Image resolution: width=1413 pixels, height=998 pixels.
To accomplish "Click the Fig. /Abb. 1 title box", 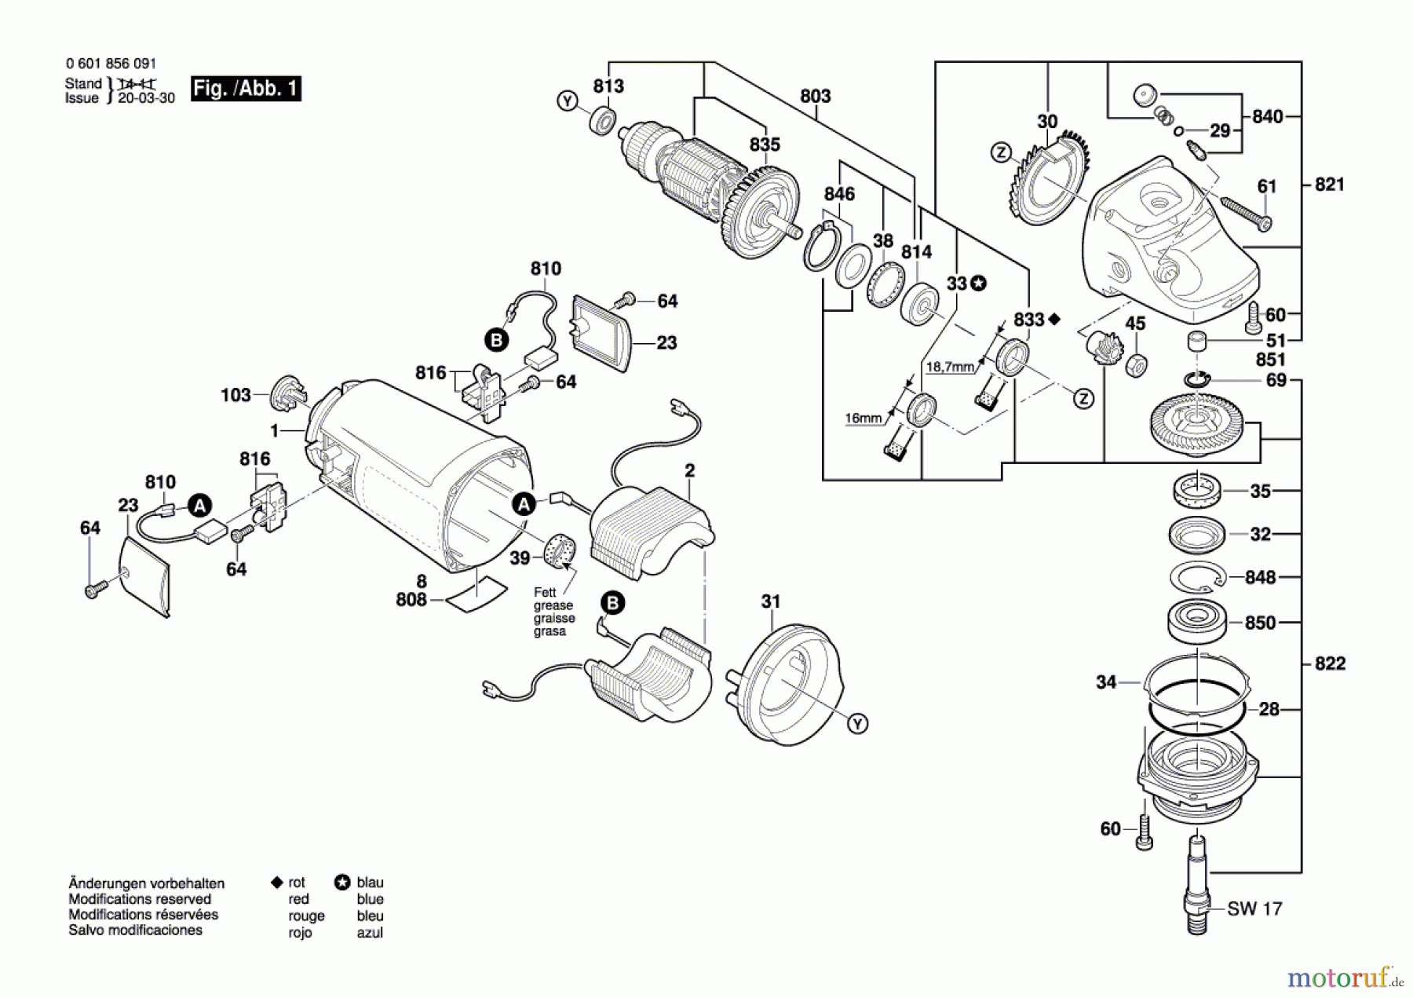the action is (246, 88).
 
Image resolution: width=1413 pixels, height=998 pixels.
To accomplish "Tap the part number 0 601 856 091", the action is (111, 64).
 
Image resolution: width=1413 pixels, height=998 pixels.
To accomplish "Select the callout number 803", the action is (816, 96).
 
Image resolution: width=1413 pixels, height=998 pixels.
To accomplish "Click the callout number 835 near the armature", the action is (765, 144).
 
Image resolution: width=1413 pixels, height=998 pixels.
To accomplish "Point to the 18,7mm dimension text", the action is (950, 367).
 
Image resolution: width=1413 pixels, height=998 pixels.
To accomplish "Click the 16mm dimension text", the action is (863, 419).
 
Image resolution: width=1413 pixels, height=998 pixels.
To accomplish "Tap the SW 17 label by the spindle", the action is (1254, 908).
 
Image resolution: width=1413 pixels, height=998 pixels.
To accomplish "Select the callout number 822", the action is (1330, 664).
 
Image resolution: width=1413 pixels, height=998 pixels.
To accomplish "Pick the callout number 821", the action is (1329, 185).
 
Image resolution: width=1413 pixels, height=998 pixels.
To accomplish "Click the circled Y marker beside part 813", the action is (567, 101).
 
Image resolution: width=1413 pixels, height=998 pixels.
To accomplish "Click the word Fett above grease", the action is (544, 592).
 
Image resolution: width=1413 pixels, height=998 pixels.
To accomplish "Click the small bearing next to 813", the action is (603, 122).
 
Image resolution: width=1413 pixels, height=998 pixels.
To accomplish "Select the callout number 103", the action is (235, 395).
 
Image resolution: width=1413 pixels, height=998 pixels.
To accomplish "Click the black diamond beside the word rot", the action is (276, 883).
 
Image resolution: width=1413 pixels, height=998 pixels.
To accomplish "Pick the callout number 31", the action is (771, 601).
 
